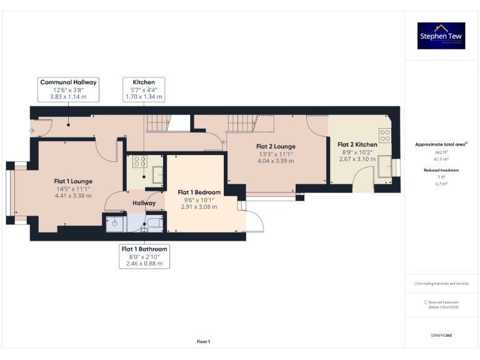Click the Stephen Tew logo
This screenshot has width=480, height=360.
click(441, 36)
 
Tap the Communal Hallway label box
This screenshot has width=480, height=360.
click(69, 89)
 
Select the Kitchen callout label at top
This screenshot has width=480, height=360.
click(144, 89)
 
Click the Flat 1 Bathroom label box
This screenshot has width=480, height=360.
click(144, 256)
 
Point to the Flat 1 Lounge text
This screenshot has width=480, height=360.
click(72, 181)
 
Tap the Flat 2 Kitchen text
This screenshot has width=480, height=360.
click(357, 144)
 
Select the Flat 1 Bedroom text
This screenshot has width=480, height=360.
click(199, 192)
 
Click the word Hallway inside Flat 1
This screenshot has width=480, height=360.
click(144, 203)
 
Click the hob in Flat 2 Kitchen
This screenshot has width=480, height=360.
click(385, 134)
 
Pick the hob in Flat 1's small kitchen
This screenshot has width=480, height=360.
click(137, 161)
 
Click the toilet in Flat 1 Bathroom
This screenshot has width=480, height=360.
click(153, 224)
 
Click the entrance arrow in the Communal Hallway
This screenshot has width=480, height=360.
click(32, 131)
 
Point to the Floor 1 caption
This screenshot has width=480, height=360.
click(203, 341)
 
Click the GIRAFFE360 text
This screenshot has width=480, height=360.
click(441, 336)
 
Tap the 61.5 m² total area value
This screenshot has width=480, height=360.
click(442, 159)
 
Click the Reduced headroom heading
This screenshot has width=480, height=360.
click(441, 170)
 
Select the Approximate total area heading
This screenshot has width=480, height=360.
click(441, 144)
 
